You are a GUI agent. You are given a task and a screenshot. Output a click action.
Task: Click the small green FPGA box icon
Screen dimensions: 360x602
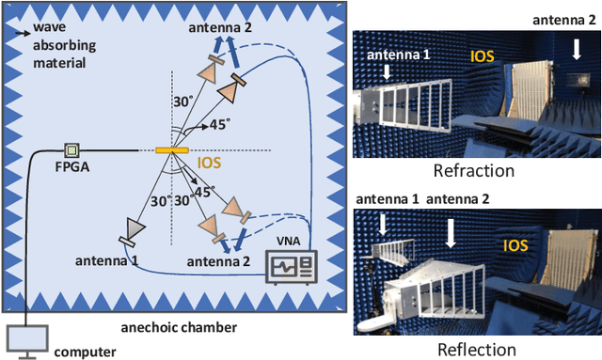(70, 150)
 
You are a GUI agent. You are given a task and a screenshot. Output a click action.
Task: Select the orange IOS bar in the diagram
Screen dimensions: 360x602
(171, 150)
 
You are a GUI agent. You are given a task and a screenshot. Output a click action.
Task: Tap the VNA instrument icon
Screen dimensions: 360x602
(288, 264)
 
